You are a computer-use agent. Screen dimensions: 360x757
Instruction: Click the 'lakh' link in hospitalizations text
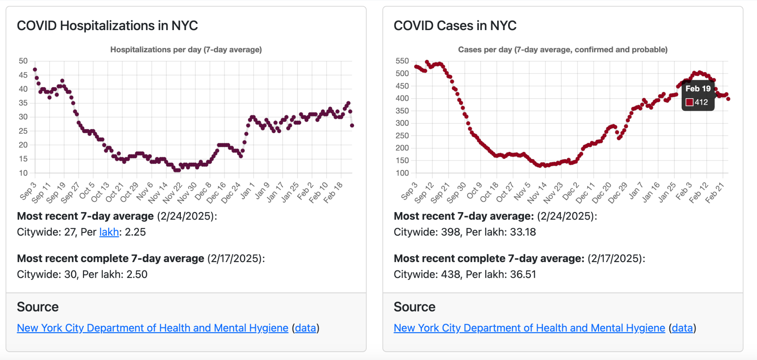(x=109, y=232)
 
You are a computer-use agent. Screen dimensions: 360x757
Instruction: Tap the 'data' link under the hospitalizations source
(x=305, y=328)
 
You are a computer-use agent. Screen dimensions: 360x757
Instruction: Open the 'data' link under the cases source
(x=682, y=328)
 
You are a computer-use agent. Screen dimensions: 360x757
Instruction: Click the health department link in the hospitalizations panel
(x=153, y=328)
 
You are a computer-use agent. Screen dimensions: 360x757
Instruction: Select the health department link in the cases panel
(x=529, y=328)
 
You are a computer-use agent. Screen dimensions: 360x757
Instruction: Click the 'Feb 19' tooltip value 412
(x=701, y=102)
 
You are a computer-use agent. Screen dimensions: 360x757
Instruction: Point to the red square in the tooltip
(x=690, y=102)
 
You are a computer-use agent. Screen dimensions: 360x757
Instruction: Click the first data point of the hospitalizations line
(x=35, y=70)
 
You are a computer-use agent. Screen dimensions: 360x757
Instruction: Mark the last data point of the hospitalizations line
(x=352, y=125)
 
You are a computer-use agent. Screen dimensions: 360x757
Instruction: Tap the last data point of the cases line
(x=728, y=99)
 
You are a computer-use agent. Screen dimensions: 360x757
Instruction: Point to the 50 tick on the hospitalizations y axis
(x=23, y=61)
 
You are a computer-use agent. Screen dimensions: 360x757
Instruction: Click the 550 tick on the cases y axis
(x=402, y=61)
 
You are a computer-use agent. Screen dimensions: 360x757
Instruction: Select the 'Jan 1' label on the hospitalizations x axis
(x=248, y=190)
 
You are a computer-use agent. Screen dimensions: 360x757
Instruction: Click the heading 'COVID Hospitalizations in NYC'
(x=107, y=26)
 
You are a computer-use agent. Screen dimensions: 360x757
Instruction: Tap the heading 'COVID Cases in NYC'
(x=455, y=26)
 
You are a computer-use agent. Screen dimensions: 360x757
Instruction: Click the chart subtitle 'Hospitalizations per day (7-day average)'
(x=186, y=50)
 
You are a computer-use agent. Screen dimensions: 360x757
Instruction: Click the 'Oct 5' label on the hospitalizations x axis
(x=87, y=190)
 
